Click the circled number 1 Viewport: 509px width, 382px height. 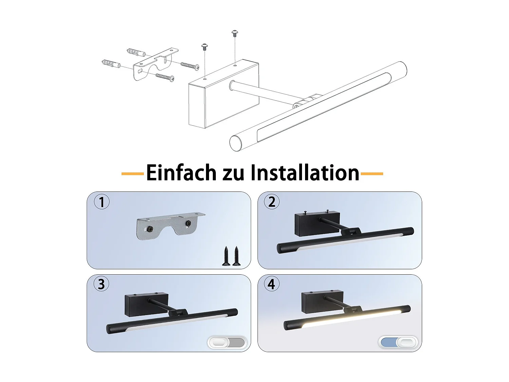(101, 202)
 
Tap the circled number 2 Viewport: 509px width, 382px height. (272, 202)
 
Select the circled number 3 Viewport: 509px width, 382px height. (101, 284)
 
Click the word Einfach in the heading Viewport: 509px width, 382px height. (181, 172)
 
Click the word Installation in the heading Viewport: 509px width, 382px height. (305, 172)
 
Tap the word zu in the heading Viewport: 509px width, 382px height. (233, 175)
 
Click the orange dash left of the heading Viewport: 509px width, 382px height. (133, 174)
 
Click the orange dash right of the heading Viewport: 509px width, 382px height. (372, 174)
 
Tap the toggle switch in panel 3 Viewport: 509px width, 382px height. (227, 343)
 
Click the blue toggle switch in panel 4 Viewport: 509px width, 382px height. (398, 342)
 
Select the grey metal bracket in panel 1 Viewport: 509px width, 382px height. (170, 226)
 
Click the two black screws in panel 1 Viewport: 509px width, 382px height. (231, 256)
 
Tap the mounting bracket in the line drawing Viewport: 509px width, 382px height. (156, 64)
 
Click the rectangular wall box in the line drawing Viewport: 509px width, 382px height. (224, 94)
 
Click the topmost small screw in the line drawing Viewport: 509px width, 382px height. (235, 33)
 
